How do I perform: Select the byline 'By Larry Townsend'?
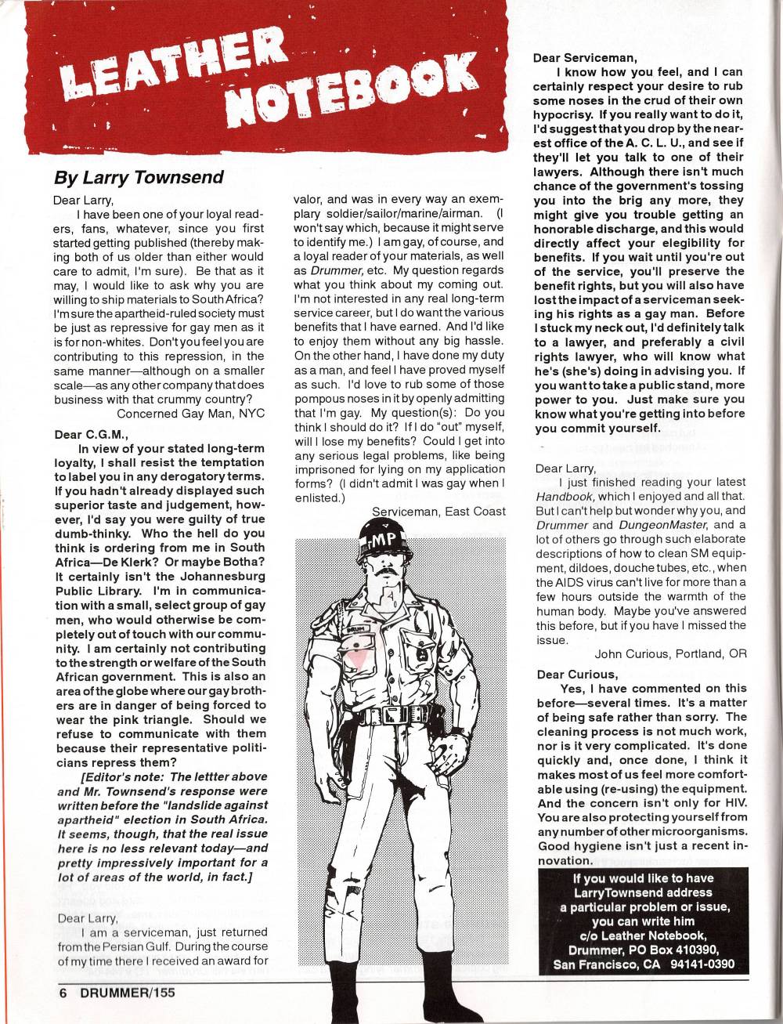[139, 177]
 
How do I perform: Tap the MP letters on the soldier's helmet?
[381, 540]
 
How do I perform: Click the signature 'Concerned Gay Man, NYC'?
[190, 413]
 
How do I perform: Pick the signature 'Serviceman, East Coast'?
[438, 512]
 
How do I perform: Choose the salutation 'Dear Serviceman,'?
[585, 57]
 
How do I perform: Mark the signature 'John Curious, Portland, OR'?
[670, 653]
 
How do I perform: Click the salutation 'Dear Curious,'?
[577, 675]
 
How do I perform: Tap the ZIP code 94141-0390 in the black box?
[702, 964]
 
